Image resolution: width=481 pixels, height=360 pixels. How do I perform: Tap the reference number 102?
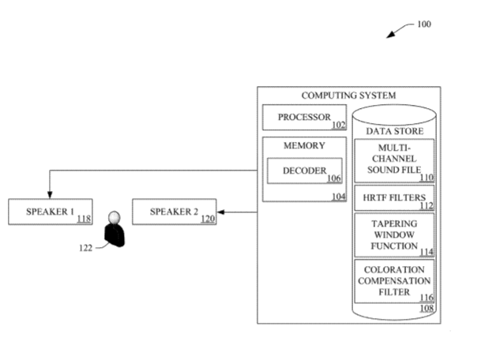(x=339, y=125)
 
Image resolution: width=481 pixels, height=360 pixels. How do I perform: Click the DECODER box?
(x=304, y=171)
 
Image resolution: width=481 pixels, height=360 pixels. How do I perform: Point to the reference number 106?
(x=333, y=178)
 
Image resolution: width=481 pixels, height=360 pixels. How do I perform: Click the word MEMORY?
(x=304, y=146)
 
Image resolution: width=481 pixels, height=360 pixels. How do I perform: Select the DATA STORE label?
(x=394, y=130)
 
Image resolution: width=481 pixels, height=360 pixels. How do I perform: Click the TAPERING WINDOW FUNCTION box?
(x=394, y=234)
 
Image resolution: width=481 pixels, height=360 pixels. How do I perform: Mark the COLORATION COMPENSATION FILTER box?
(x=394, y=280)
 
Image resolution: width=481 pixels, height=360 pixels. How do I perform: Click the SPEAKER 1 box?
(x=51, y=212)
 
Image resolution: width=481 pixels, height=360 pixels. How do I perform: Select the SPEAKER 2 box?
(x=174, y=212)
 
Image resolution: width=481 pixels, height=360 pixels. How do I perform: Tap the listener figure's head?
(x=115, y=217)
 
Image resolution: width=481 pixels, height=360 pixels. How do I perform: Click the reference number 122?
(x=85, y=247)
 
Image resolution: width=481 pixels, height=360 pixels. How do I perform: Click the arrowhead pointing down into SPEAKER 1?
(x=50, y=195)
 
